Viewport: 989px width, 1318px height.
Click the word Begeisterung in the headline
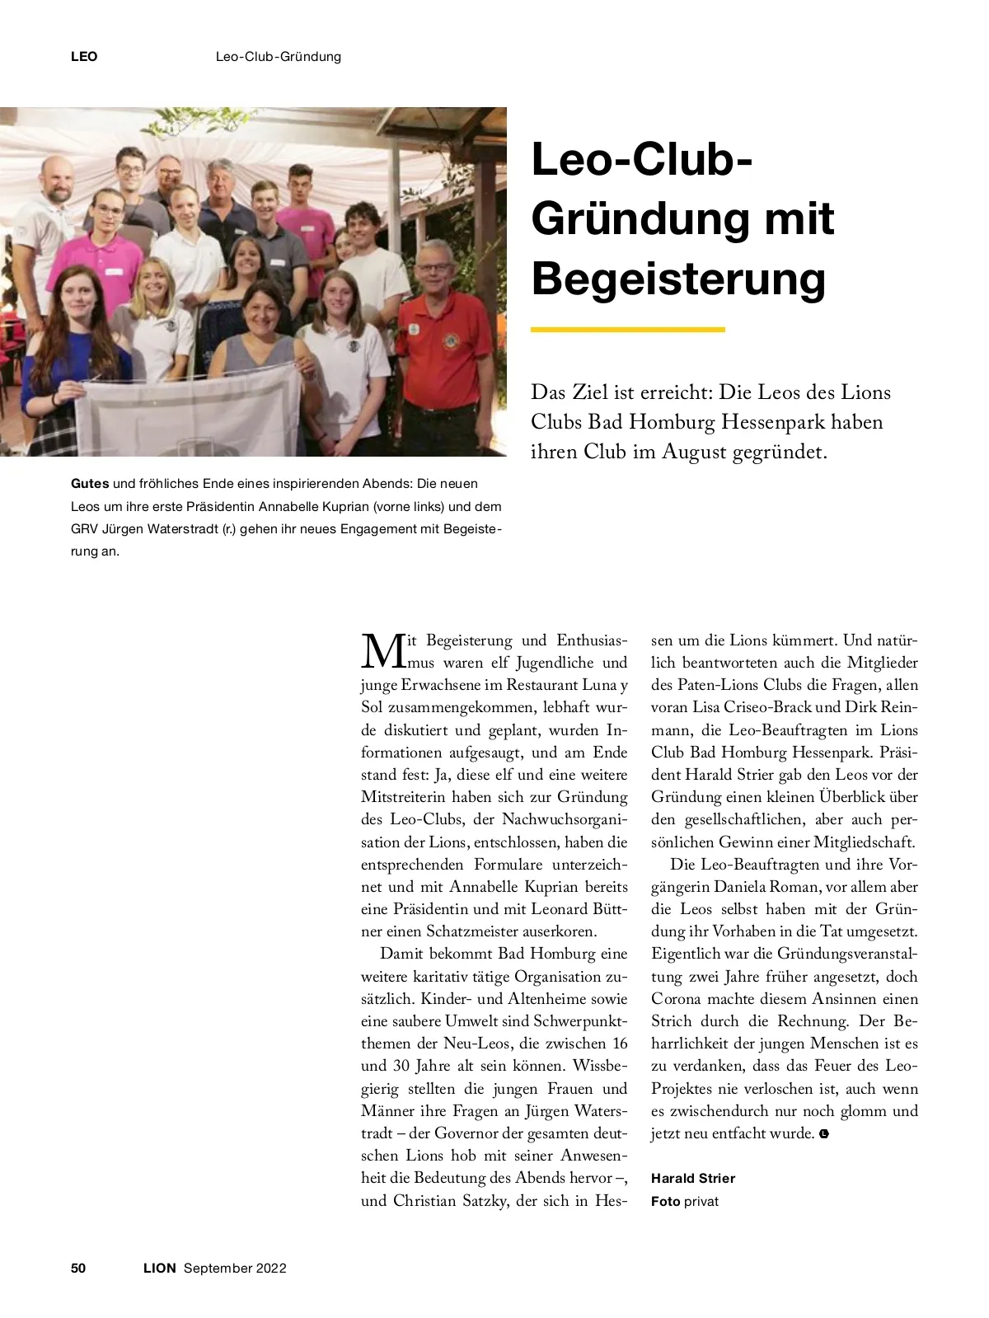click(678, 279)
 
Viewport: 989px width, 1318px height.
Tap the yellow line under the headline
click(627, 330)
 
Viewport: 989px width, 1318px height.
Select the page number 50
click(78, 1268)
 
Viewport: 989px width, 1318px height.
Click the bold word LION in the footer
click(160, 1268)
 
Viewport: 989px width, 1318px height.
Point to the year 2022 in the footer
click(271, 1268)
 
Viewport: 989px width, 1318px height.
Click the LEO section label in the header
click(84, 57)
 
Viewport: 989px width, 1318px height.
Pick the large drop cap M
click(382, 651)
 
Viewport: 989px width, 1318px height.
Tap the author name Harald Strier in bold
click(692, 1178)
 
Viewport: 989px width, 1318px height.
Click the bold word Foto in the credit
click(665, 1201)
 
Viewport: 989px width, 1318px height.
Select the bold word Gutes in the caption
click(90, 484)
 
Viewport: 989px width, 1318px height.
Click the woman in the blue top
click(74, 346)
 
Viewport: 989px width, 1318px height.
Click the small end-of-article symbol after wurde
click(824, 1134)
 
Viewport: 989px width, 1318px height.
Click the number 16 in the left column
click(618, 1044)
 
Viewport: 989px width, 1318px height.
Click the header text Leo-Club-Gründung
click(278, 57)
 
